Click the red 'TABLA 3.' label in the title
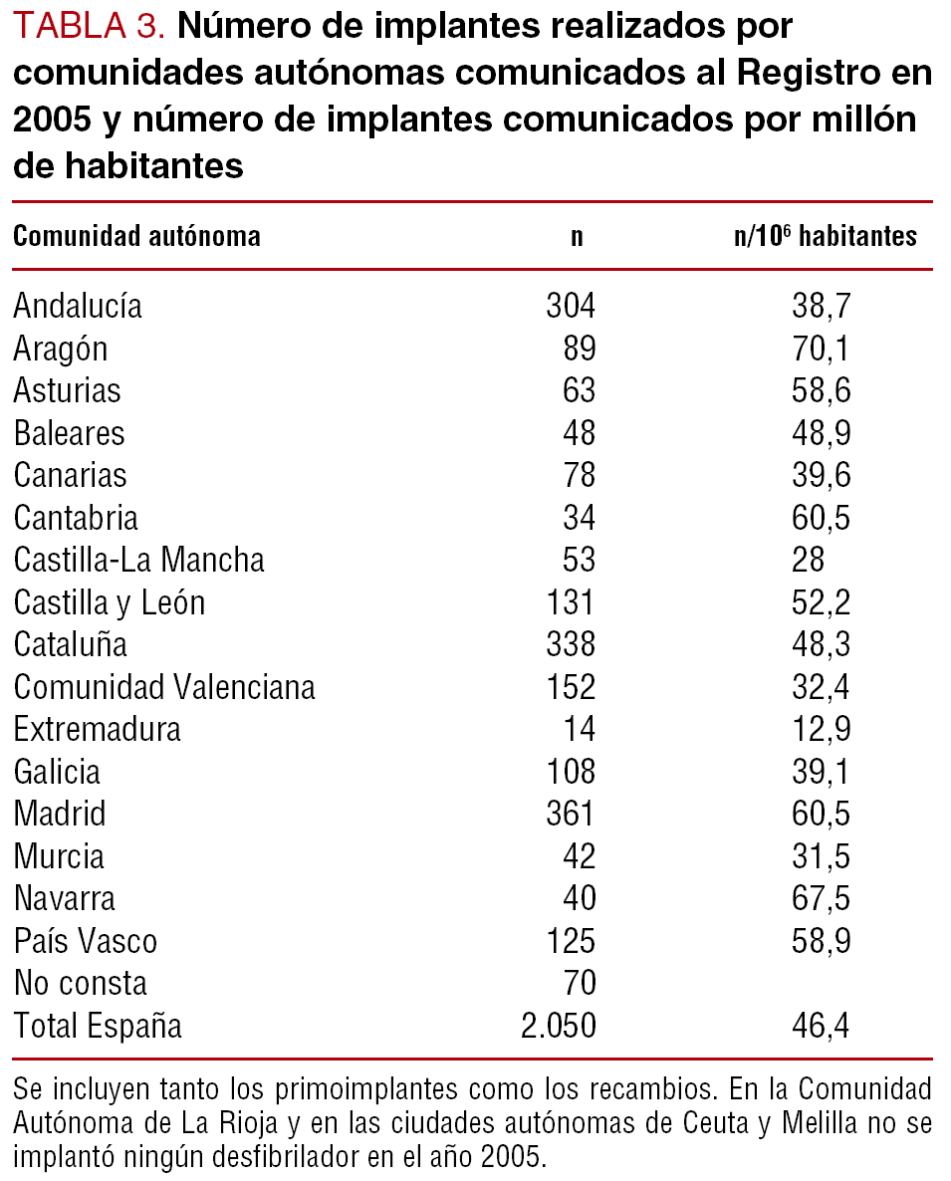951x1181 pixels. click(x=89, y=27)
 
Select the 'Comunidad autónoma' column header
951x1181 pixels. click(x=136, y=237)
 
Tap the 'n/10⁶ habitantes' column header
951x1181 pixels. click(x=825, y=237)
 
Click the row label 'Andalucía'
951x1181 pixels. click(x=78, y=307)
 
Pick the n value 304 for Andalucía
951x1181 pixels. click(x=571, y=307)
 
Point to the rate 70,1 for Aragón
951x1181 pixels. click(x=822, y=350)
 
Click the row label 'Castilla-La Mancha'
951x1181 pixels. click(x=139, y=561)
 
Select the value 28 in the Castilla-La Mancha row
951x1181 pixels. click(x=808, y=561)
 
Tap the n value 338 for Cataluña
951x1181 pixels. click(x=571, y=645)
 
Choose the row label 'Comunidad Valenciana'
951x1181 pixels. click(x=164, y=687)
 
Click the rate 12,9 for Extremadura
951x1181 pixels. click(x=822, y=730)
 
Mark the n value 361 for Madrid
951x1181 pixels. click(x=571, y=815)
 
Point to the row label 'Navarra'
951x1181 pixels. click(x=65, y=899)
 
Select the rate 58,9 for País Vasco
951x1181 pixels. click(x=822, y=941)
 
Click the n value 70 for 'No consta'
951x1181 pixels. click(x=579, y=984)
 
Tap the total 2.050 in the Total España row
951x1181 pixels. click(x=559, y=1026)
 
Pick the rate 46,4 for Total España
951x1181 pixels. click(x=822, y=1026)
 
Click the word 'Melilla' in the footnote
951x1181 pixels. click(x=821, y=1122)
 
